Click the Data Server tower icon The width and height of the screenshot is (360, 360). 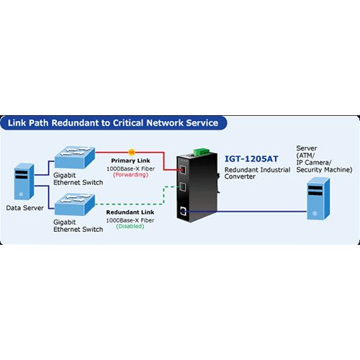point(24,181)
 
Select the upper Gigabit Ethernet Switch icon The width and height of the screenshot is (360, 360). point(75,157)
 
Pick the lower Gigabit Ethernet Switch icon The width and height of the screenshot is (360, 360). point(75,204)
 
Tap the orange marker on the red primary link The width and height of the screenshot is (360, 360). point(132,152)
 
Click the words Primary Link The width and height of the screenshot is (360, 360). point(130,161)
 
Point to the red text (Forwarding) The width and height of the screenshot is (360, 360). point(130,175)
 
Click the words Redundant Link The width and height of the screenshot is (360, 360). point(130,212)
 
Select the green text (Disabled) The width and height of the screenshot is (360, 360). point(130,226)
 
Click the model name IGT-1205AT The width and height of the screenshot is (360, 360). point(251,158)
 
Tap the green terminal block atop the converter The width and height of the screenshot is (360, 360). point(202,152)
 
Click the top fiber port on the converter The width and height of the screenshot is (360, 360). point(182,170)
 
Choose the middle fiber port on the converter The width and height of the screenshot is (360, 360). point(182,186)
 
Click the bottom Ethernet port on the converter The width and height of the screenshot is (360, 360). point(183,211)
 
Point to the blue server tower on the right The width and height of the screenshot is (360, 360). point(318,198)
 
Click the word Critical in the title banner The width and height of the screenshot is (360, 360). point(128,123)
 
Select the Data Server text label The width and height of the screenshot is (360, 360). point(25,208)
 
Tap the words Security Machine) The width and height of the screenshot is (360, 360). point(324,170)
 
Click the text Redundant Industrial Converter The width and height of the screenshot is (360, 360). point(257,173)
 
